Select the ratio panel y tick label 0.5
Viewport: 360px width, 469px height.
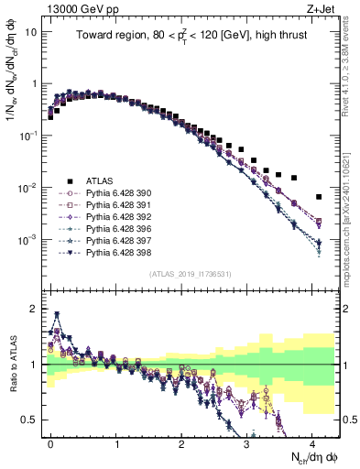pyautogui.click(x=32, y=420)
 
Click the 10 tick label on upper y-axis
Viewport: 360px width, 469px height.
pyautogui.click(x=30, y=31)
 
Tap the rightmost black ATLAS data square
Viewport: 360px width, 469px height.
pyautogui.click(x=319, y=197)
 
